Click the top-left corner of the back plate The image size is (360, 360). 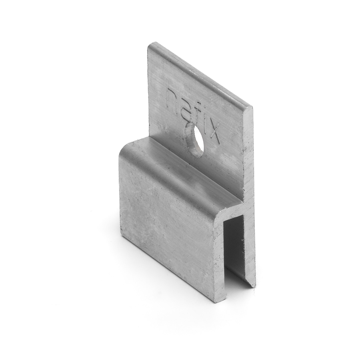click(x=149, y=44)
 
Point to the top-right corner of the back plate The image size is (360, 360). click(x=252, y=107)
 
